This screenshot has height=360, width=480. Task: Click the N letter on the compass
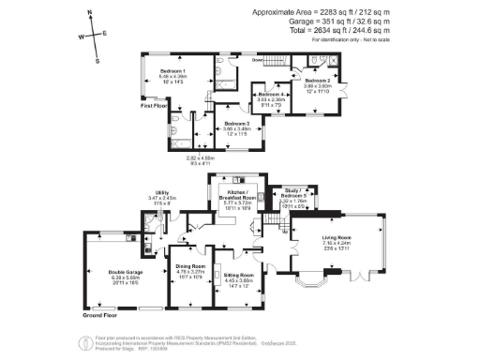[x=89, y=13]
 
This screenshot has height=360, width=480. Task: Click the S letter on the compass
[x=97, y=60]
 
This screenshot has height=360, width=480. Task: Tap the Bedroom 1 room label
[x=172, y=71]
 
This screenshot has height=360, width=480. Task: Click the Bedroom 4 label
[x=272, y=94]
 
